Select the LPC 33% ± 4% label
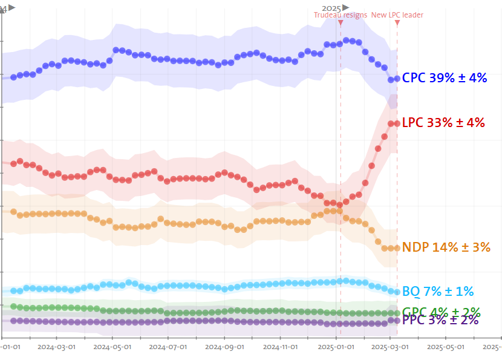tap(443, 123)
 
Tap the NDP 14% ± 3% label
tap(446, 247)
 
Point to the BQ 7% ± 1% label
tap(438, 291)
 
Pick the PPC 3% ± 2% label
tap(440, 320)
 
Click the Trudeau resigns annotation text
tap(340, 15)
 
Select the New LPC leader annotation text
tap(397, 15)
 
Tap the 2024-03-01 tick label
tap(56, 347)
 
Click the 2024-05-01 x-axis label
tap(112, 347)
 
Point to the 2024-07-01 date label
tap(168, 347)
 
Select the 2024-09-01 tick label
tap(224, 347)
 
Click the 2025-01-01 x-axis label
tap(336, 347)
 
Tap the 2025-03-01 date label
tap(390, 347)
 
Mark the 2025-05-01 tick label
tap(446, 347)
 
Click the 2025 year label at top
tap(331, 7)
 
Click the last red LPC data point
tap(397, 123)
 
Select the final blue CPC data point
tap(397, 78)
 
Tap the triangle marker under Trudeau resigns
tap(341, 23)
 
